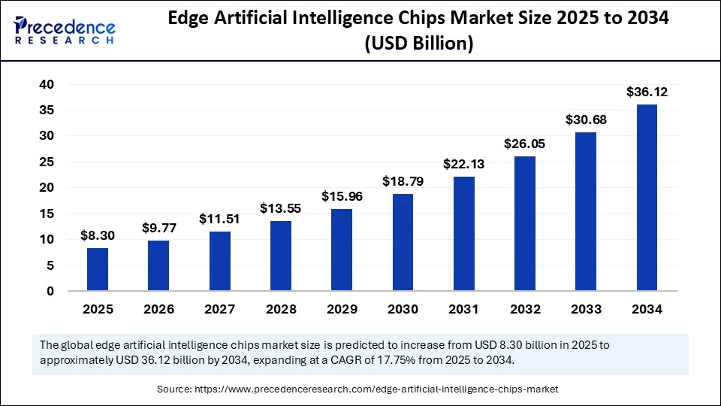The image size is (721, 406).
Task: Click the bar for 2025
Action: click(x=97, y=269)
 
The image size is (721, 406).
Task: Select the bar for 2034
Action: click(x=647, y=197)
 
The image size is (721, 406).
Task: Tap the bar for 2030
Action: click(x=403, y=242)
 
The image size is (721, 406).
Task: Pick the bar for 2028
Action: click(x=280, y=256)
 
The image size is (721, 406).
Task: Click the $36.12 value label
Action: click(x=647, y=92)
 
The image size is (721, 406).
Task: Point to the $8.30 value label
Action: click(x=97, y=236)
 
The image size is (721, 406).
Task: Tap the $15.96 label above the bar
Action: click(x=341, y=196)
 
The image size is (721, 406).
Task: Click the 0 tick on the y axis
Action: click(x=50, y=291)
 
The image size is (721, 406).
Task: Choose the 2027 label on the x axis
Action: click(x=219, y=309)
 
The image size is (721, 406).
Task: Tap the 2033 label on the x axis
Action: click(x=586, y=309)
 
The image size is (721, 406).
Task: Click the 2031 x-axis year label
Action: click(x=463, y=309)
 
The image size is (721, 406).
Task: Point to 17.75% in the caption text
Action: click(x=421, y=360)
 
